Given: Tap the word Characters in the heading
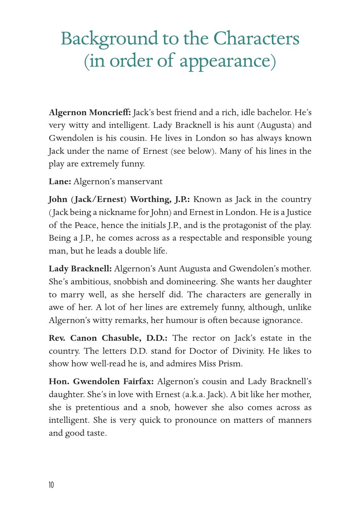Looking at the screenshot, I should coord(256,38).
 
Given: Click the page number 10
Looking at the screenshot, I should coord(51,485).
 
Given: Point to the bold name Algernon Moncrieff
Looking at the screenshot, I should coord(90,112).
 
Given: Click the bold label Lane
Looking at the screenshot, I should coord(60,181).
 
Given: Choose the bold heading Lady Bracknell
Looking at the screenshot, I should coord(80,269).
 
